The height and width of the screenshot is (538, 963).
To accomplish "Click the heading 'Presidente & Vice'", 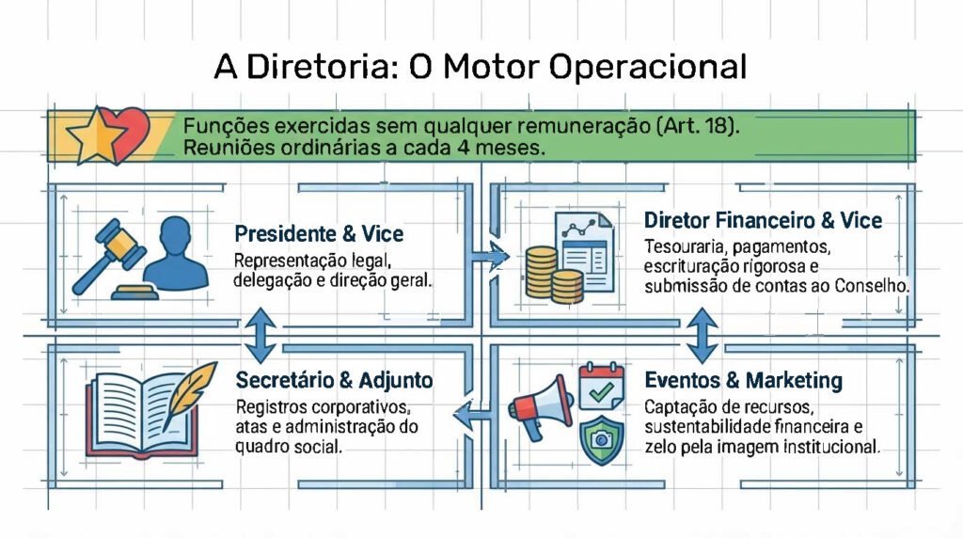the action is coord(319,234).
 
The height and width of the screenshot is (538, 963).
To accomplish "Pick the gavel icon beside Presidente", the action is coord(111,257).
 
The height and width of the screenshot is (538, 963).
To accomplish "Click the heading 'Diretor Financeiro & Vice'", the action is coord(763,220).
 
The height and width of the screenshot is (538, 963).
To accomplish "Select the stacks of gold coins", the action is coord(553,275).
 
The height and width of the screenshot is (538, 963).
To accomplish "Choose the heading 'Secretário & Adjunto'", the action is coord(334,380).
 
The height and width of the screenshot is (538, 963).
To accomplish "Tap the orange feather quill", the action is coord(189,394).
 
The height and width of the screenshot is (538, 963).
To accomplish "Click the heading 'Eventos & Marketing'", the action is coord(743,380).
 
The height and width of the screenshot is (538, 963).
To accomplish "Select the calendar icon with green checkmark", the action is coord(602,386).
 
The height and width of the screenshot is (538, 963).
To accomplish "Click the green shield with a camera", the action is coord(602,439).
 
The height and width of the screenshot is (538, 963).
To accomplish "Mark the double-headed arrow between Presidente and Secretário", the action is coord(261,335).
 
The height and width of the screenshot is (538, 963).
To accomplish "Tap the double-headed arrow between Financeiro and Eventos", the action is coord(702,336).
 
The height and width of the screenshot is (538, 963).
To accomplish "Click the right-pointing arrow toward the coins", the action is coord(491,256).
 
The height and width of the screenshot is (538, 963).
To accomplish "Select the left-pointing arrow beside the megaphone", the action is coord(473,415).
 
